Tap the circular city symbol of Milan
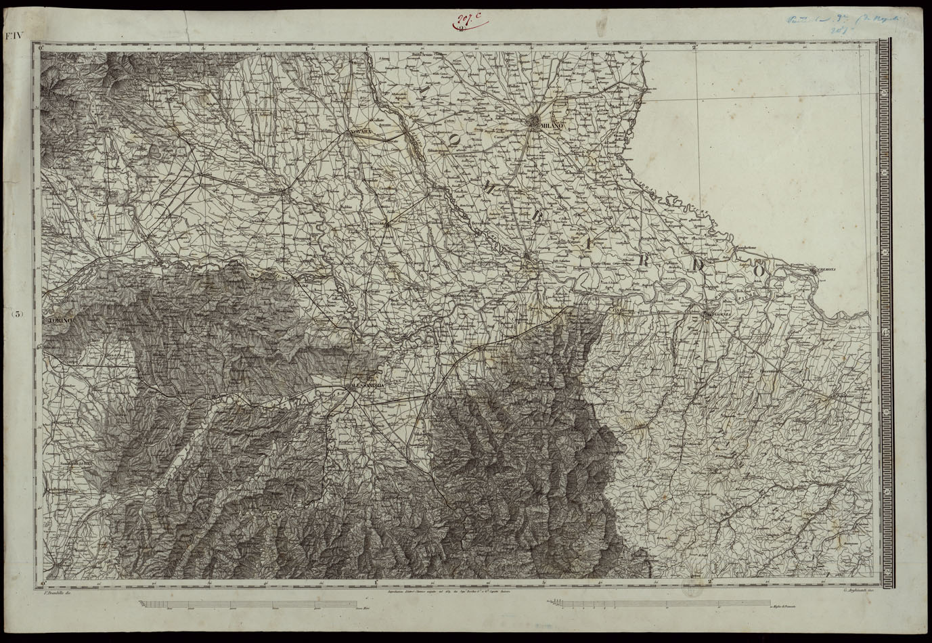pyautogui.click(x=535, y=123)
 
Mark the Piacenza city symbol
pyautogui.click(x=708, y=314)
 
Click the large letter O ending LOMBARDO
pyautogui.click(x=759, y=270)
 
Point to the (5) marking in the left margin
pyautogui.click(x=18, y=315)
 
